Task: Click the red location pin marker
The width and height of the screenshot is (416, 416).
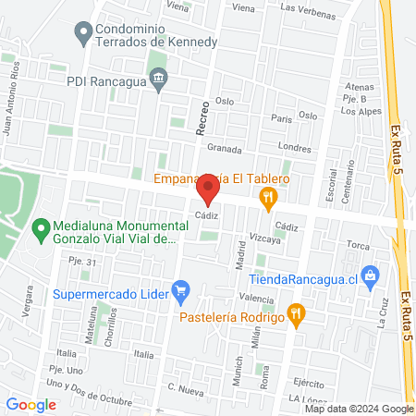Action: (208, 191)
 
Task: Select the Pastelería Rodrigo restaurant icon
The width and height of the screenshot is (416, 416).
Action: (296, 313)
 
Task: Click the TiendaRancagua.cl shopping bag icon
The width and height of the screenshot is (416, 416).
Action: (371, 275)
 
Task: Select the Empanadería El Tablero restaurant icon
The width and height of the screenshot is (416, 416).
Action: (269, 196)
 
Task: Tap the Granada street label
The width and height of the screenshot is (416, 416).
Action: (224, 148)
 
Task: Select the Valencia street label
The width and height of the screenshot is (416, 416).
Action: (256, 299)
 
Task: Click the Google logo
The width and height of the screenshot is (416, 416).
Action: (31, 404)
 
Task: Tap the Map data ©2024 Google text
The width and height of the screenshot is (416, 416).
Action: (360, 409)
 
